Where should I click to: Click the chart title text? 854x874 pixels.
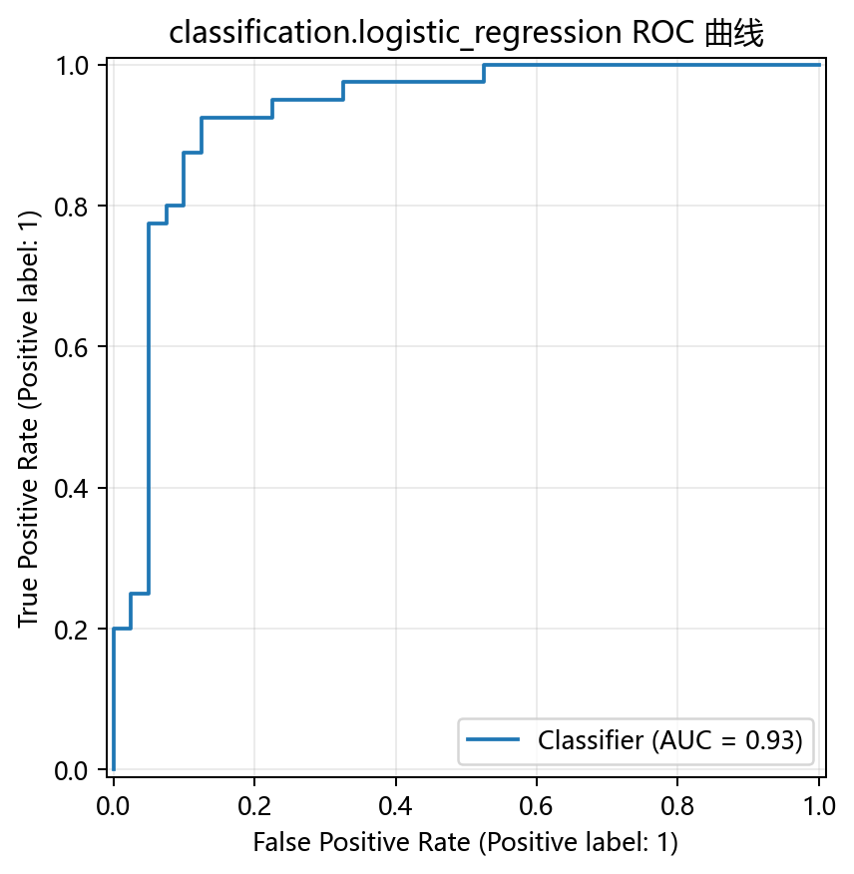coord(466,32)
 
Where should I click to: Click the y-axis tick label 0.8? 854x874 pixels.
coord(72,207)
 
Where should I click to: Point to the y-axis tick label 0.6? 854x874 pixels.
coord(72,348)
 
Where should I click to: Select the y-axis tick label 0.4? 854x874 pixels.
coord(72,489)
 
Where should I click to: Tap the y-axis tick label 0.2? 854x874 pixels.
coord(72,630)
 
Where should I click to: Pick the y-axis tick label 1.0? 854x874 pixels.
coord(72,66)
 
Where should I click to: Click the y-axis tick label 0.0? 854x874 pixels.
coord(72,771)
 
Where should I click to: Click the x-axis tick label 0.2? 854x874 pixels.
coord(254,806)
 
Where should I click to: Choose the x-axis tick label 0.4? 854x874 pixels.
coord(396,806)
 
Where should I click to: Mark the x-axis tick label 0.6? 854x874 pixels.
coord(537,806)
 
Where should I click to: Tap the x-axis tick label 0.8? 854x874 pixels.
coord(677,806)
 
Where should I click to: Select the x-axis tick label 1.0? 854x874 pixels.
coord(819,806)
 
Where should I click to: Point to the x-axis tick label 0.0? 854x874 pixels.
coord(114,806)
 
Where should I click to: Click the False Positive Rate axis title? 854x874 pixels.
coord(466,842)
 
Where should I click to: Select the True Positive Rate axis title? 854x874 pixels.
coord(28,419)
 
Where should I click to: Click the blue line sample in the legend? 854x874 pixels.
coord(493,739)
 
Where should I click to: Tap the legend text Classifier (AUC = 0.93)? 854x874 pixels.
coord(670,740)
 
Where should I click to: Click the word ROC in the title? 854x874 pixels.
coord(662,32)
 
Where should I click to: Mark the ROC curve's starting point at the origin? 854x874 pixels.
coord(114,770)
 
